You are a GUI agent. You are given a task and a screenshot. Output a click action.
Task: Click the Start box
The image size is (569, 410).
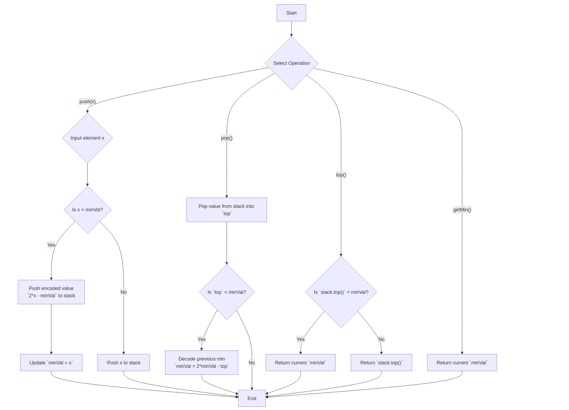click(291, 13)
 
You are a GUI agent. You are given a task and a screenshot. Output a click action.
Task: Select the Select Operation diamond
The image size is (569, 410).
click(291, 63)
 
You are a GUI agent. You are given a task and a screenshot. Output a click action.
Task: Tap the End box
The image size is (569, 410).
click(252, 398)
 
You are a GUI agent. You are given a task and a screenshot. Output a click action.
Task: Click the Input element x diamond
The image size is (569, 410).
click(87, 138)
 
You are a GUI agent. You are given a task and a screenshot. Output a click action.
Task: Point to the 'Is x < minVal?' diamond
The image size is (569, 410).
click(87, 210)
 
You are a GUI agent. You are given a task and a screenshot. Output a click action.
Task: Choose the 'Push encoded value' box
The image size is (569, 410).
click(51, 292)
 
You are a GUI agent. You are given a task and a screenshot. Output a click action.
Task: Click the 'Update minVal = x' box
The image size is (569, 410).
click(51, 363)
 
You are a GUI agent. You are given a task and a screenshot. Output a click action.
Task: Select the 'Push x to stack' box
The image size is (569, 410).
click(124, 363)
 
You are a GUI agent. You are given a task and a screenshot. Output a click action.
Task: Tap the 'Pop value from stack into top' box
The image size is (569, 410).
click(226, 210)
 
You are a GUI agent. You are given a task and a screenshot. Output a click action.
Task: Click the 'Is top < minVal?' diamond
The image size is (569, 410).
click(227, 292)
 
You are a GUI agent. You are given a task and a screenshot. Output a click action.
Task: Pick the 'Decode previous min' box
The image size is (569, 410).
click(201, 362)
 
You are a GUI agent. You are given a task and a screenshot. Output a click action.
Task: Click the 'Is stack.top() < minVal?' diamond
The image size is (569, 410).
click(341, 292)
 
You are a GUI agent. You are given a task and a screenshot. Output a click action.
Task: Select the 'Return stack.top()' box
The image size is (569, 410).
click(381, 363)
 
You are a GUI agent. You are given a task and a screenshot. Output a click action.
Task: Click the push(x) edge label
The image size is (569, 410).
click(87, 102)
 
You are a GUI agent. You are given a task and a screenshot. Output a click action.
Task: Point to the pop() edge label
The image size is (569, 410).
click(227, 138)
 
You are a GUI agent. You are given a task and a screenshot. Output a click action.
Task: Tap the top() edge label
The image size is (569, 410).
click(341, 175)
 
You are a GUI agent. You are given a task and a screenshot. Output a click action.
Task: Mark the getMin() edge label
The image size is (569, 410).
click(462, 210)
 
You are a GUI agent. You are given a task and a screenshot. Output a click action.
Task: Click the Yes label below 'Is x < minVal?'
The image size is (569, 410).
click(51, 245)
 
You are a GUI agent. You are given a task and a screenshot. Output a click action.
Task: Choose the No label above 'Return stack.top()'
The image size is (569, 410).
click(381, 339)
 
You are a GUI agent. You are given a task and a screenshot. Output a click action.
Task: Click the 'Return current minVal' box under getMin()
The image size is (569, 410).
click(462, 363)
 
